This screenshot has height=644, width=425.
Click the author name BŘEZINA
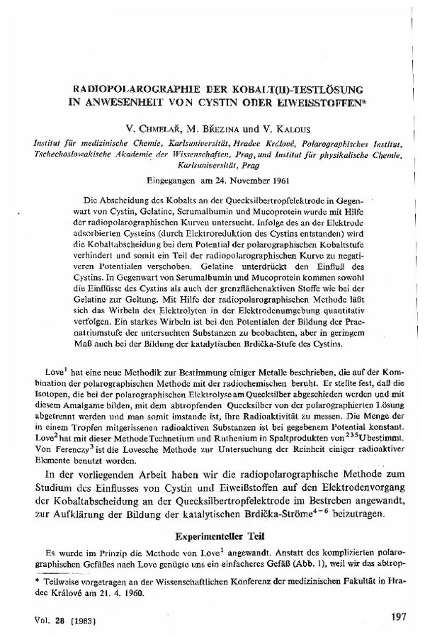(217, 131)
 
